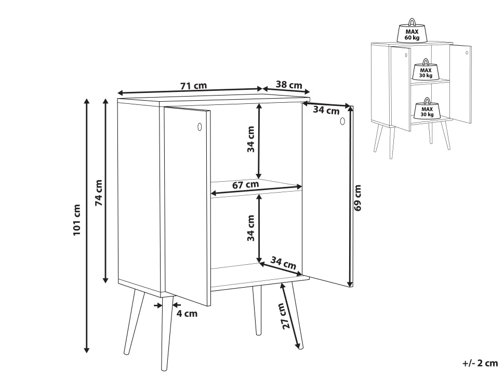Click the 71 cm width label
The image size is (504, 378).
click(x=193, y=86)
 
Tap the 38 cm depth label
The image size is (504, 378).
click(x=289, y=85)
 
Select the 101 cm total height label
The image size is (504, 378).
click(x=76, y=220)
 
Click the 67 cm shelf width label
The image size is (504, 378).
click(x=246, y=185)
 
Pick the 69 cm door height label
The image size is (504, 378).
click(x=357, y=197)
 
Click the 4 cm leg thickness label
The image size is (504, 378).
click(x=187, y=314)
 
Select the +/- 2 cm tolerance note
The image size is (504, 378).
click(x=480, y=363)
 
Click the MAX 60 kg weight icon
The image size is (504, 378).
click(x=412, y=31)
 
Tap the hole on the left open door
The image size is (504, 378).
click(x=200, y=127)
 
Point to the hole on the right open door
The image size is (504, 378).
click(x=342, y=122)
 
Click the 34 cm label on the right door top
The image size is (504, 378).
click(x=326, y=110)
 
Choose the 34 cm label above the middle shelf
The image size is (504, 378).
click(x=251, y=139)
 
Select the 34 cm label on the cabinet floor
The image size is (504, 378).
click(x=283, y=262)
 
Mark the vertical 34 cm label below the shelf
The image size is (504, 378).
click(x=251, y=228)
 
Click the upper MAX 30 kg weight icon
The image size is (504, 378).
click(x=426, y=70)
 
